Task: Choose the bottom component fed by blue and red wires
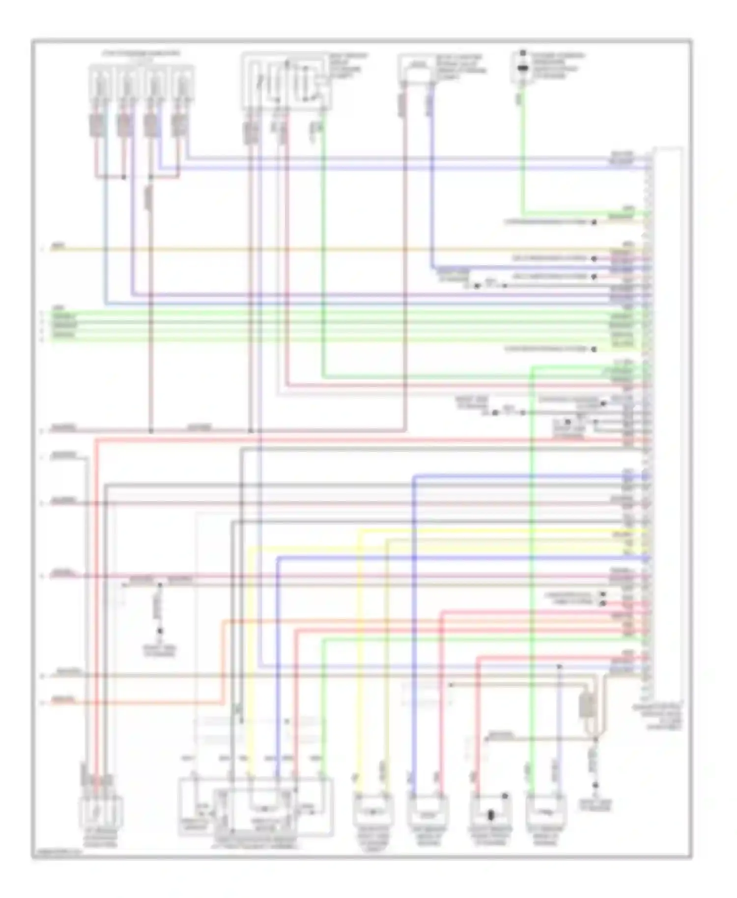(x=428, y=814)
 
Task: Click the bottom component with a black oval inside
(x=490, y=814)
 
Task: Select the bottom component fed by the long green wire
(x=545, y=814)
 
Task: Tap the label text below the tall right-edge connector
(x=657, y=716)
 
